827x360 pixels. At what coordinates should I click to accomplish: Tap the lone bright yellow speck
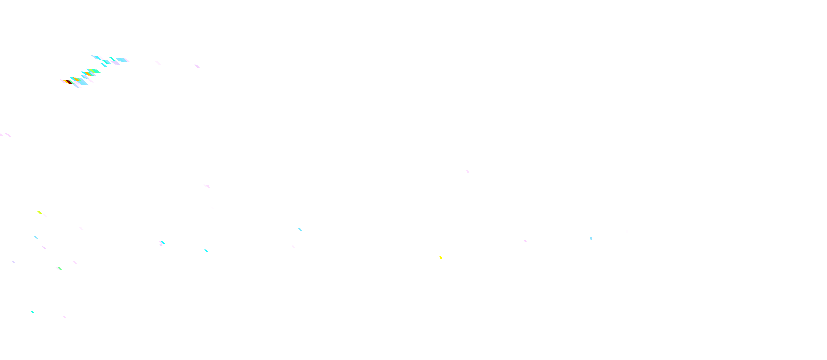coord(441,257)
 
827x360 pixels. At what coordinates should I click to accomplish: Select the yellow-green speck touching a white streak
coord(39,212)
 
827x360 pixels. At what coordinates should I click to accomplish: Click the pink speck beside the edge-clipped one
coord(8,135)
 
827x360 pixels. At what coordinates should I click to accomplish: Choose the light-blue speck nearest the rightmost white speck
coord(591,238)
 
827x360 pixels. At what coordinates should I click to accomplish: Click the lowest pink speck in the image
coord(65,317)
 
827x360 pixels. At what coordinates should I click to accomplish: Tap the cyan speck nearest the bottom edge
coord(32,312)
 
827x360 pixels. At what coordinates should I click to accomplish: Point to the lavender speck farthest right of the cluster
coord(197,66)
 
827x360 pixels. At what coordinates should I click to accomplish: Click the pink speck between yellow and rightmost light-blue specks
coord(525,241)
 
